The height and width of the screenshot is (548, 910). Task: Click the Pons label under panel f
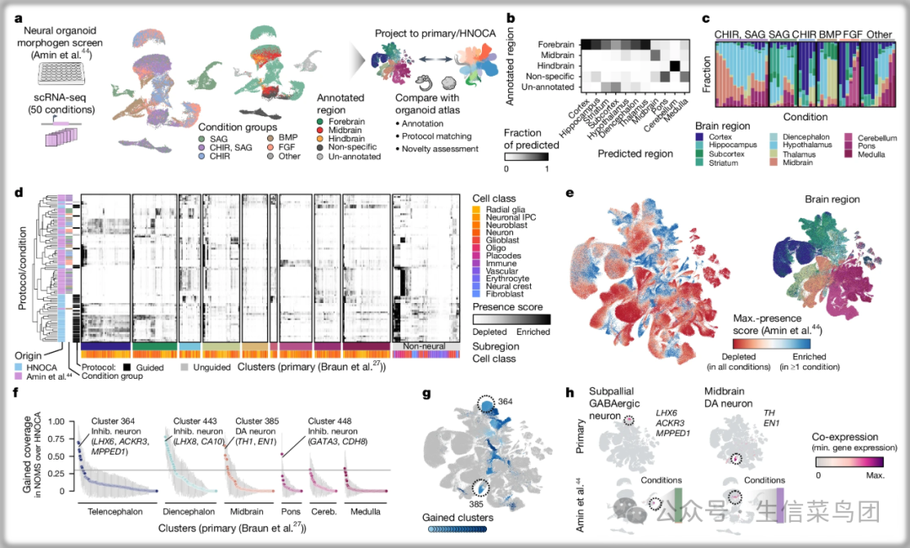coord(289,511)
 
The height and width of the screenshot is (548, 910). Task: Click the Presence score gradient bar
coord(511,320)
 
